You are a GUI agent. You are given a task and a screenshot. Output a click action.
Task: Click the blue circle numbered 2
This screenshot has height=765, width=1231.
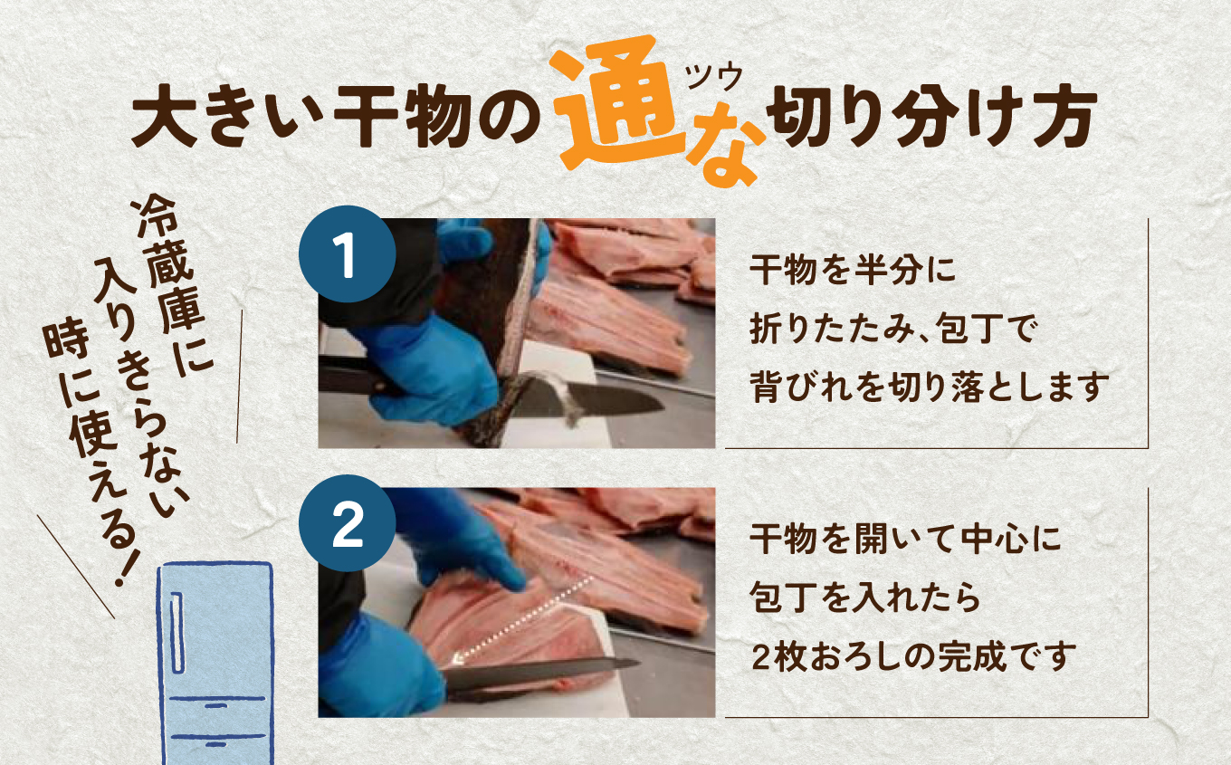346,523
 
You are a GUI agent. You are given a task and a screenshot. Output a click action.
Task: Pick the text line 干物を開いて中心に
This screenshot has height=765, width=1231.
904,540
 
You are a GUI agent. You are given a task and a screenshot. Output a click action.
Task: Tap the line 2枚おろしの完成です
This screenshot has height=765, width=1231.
913,655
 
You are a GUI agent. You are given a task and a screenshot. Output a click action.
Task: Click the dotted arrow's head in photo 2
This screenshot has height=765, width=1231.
458,660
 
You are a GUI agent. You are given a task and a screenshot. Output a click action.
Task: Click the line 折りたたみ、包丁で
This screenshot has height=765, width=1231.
892,329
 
